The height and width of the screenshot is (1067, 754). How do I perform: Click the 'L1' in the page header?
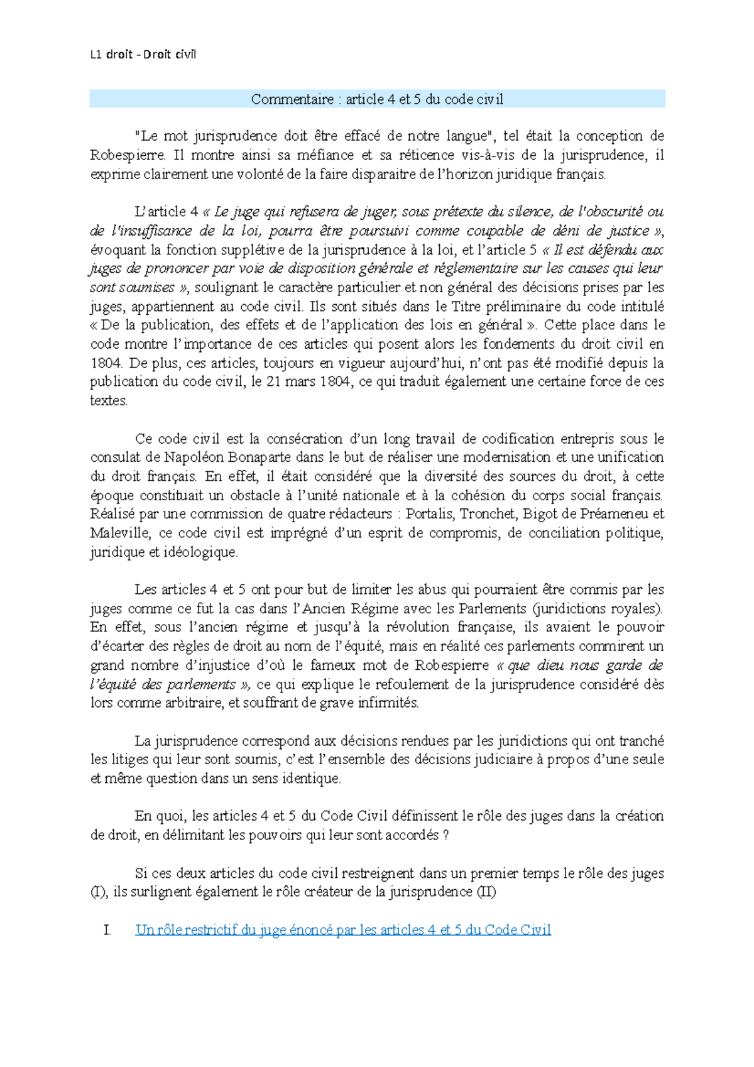click(x=96, y=55)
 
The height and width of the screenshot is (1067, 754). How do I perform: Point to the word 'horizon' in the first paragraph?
click(x=464, y=175)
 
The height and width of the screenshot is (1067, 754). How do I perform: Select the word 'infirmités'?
click(x=388, y=703)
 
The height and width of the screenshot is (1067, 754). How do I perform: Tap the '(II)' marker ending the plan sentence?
click(x=486, y=892)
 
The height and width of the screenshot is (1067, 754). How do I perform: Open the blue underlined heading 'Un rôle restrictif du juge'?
click(x=342, y=930)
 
